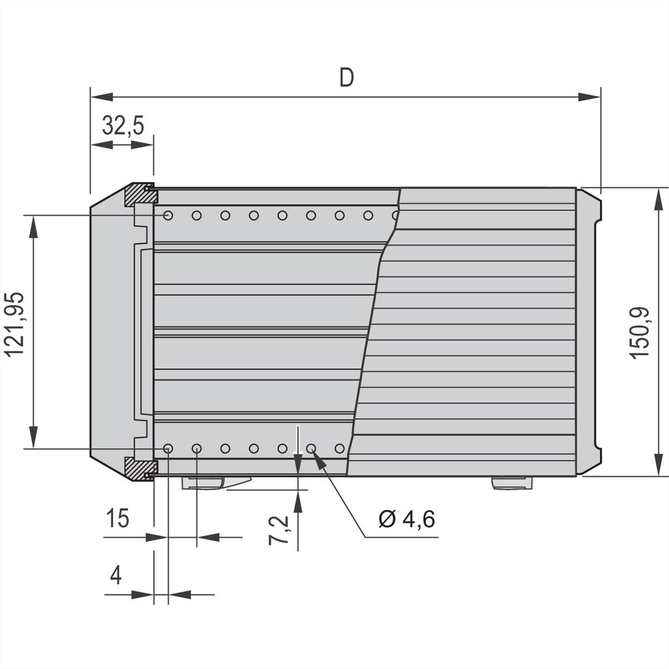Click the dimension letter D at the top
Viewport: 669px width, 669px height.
tap(346, 77)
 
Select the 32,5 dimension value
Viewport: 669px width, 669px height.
tap(123, 125)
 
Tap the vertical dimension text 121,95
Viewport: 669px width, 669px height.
tap(15, 324)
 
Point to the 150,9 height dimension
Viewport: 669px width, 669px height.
tap(641, 333)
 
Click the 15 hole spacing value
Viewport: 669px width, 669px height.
tap(118, 518)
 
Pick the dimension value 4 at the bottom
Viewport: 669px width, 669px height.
tap(115, 574)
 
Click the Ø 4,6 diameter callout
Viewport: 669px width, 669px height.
tap(406, 519)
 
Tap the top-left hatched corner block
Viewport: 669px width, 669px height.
tap(137, 193)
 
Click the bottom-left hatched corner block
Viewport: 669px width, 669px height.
tap(137, 468)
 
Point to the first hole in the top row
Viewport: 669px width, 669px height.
tap(168, 215)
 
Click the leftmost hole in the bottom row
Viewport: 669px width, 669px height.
tap(168, 448)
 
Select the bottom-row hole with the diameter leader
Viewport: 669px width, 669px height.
tap(311, 448)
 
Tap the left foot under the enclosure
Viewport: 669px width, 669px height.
tap(215, 482)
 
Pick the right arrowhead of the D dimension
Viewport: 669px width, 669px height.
tap(591, 97)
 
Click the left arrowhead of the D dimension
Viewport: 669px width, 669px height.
tap(100, 97)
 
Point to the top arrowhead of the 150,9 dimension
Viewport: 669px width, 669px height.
tap(658, 198)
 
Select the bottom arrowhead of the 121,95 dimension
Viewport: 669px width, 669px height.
tap(34, 437)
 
